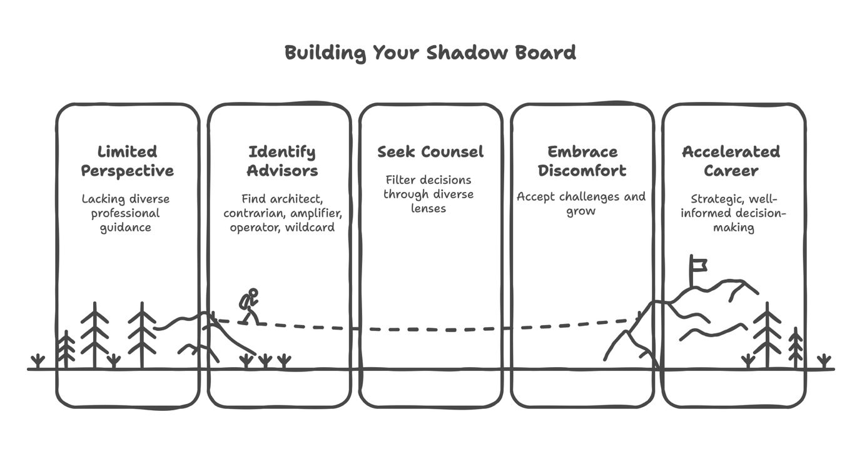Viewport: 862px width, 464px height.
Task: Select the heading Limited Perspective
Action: pos(128,161)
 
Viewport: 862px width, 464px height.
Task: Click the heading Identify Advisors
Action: pos(282,161)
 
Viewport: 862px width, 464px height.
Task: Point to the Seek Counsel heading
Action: pos(430,151)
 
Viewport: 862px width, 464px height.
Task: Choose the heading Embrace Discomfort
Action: pos(582,161)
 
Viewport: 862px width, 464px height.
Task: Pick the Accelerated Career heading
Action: pos(731,161)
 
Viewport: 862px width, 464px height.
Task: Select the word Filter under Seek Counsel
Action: pos(401,180)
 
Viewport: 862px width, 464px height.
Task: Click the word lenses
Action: pos(428,208)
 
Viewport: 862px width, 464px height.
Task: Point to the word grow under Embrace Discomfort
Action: pos(581,211)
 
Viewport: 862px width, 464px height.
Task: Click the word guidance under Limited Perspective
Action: pos(126,228)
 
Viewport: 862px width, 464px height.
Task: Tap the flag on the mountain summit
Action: pos(698,264)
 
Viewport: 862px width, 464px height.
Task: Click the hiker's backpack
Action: pos(245,301)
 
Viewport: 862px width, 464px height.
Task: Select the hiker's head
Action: pos(253,293)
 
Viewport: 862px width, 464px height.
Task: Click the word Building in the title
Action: pos(325,53)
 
